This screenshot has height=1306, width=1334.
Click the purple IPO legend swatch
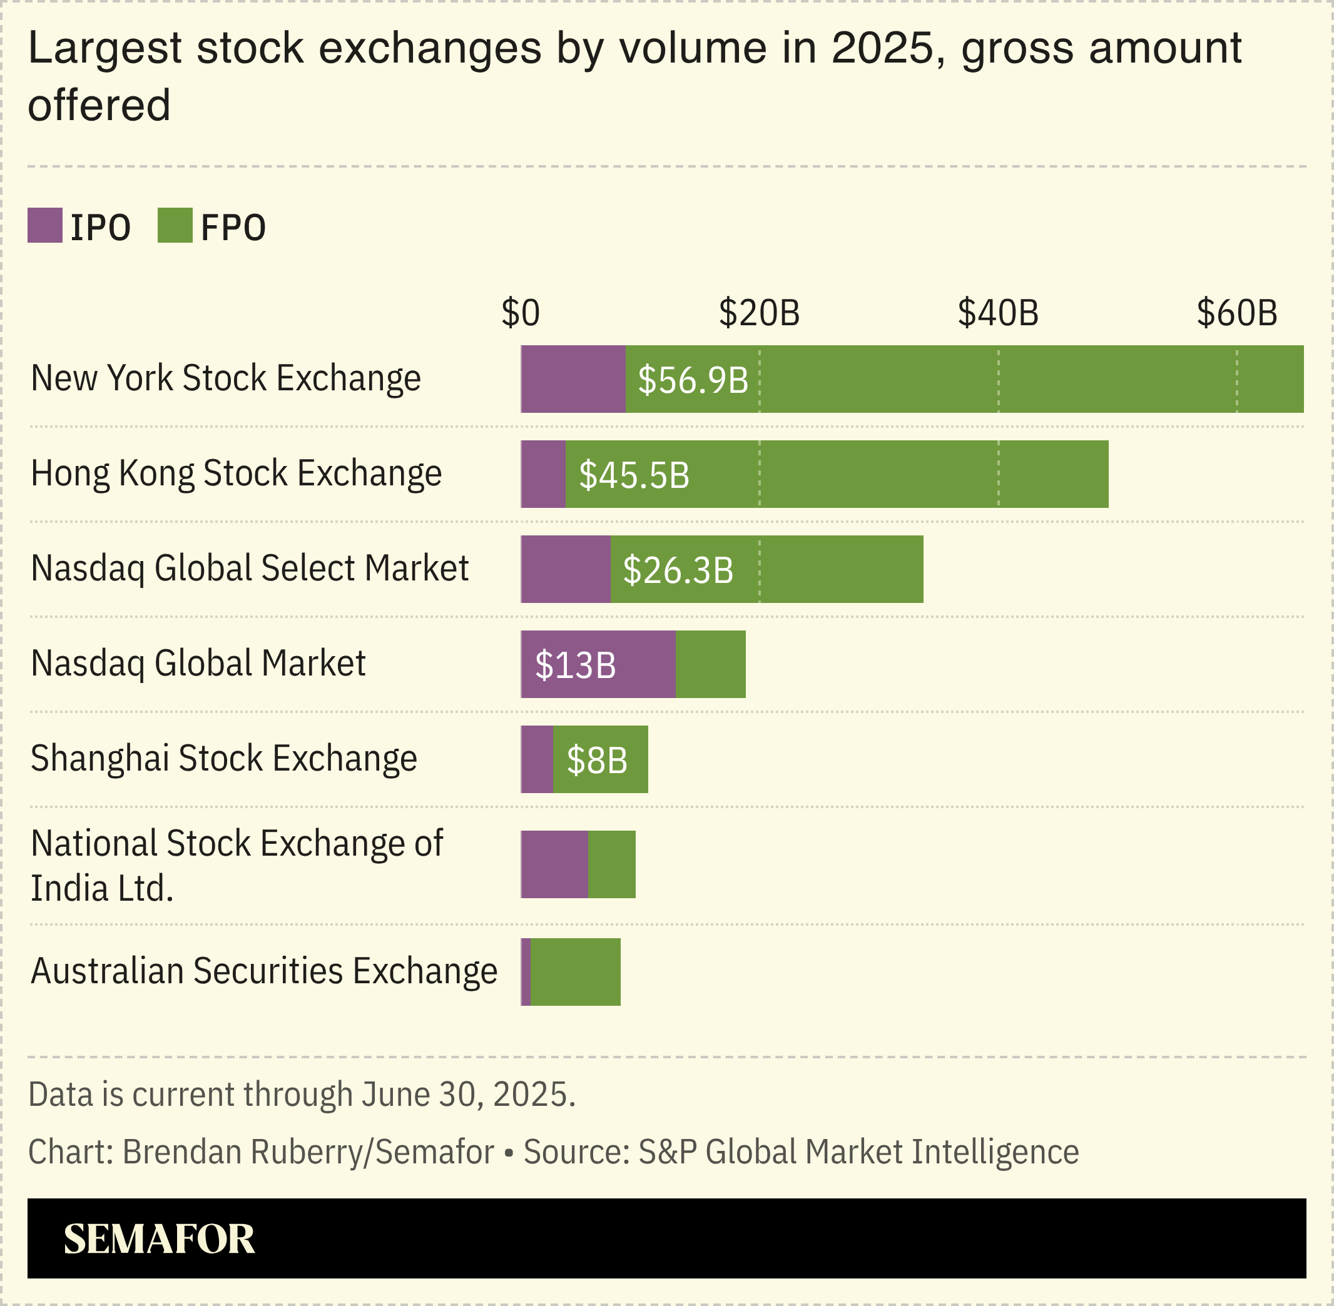pos(44,226)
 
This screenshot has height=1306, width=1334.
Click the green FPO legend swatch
pos(175,226)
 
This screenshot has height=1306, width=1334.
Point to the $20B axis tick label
pos(759,313)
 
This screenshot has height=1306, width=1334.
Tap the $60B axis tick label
pos(1236,313)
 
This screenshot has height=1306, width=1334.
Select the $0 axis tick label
pos(520,313)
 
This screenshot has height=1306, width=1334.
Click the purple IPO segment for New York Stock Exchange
pos(573,379)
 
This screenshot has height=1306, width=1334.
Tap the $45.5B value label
pos(634,475)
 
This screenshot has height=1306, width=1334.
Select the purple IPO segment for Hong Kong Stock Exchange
pos(542,474)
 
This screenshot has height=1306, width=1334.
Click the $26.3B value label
pos(678,570)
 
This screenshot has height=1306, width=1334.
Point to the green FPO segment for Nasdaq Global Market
pos(710,664)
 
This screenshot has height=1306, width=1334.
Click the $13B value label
pos(575,666)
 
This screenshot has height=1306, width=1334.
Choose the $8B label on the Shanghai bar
pos(597,761)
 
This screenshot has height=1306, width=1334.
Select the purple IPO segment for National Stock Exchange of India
pos(554,864)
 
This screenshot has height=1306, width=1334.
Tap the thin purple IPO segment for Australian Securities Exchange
pos(526,971)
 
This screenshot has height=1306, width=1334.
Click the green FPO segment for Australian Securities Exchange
pos(575,971)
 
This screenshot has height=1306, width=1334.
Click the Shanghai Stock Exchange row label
pos(224,759)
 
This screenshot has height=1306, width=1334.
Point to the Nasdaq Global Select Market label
pos(250,569)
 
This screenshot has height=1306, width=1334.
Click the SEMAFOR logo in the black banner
pos(159,1239)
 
